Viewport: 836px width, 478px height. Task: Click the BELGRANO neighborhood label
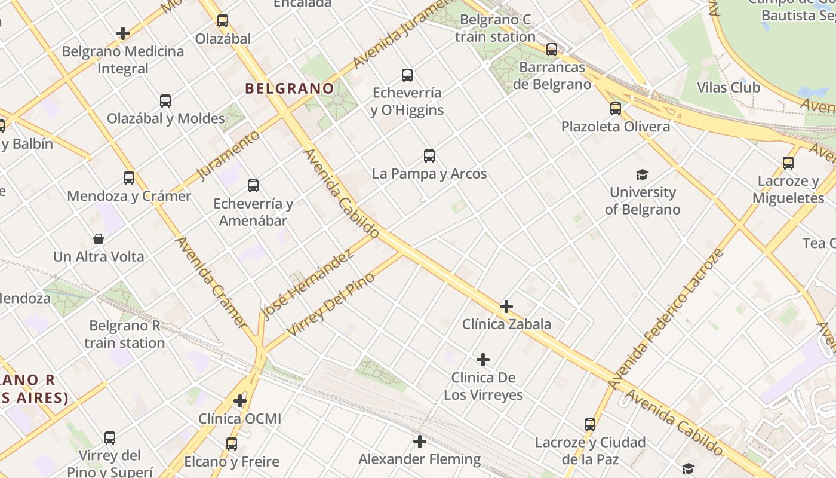click(x=290, y=88)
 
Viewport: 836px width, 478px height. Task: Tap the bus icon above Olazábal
click(x=223, y=21)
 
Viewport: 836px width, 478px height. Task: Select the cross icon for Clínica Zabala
click(x=506, y=307)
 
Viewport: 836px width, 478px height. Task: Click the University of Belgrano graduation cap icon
click(x=642, y=174)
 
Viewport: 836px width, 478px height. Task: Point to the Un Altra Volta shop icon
click(x=99, y=239)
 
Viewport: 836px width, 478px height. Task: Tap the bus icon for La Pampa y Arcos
click(x=429, y=156)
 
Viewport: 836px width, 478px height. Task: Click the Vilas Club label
click(x=729, y=87)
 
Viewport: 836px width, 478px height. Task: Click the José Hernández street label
click(x=308, y=284)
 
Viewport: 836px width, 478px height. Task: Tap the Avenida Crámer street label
click(x=211, y=282)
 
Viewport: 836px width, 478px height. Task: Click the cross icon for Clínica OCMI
click(x=240, y=400)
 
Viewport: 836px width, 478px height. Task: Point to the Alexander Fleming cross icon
click(x=420, y=442)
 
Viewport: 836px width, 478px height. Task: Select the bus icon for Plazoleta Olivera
click(x=616, y=109)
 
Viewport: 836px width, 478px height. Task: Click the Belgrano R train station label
click(x=124, y=334)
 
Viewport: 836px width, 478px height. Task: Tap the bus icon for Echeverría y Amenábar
click(x=253, y=185)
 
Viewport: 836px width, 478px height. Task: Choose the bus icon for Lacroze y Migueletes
click(x=788, y=163)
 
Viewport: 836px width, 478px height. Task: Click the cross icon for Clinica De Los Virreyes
click(x=483, y=360)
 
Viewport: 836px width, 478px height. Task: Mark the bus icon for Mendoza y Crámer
click(x=129, y=177)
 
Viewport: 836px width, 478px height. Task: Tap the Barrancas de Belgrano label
click(x=552, y=75)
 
